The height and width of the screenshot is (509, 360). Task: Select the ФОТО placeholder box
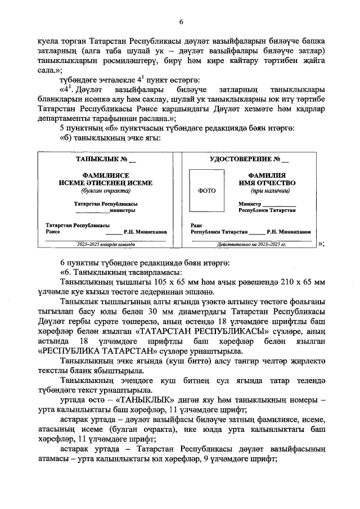[208, 190]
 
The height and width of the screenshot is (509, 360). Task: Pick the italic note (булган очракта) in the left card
[106, 191]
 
